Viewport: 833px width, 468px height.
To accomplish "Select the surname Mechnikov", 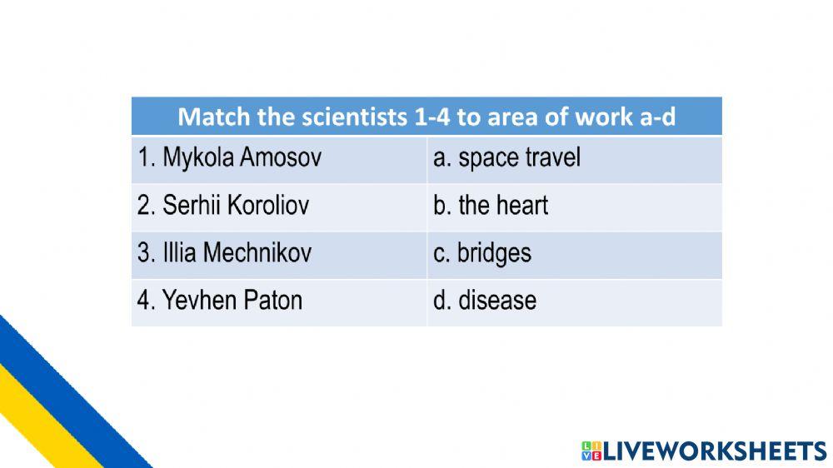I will [257, 252].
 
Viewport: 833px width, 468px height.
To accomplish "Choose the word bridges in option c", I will [495, 253].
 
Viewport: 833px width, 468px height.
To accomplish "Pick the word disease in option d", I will [497, 300].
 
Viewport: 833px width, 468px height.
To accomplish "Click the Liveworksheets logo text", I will [714, 451].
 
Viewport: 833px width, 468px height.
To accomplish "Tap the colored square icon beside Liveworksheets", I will [591, 451].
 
